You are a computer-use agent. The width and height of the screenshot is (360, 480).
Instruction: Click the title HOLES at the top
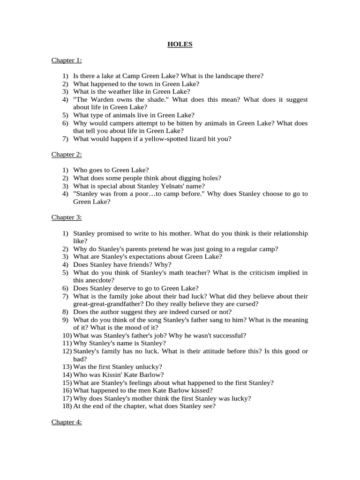point(180,45)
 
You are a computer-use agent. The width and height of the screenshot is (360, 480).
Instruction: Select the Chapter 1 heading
point(67,60)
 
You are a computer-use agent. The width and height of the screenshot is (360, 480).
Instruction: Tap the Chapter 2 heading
point(67,154)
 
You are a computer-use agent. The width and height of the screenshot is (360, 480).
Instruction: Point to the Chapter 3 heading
point(67,217)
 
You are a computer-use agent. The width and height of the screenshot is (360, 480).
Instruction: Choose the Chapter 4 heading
point(67,422)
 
